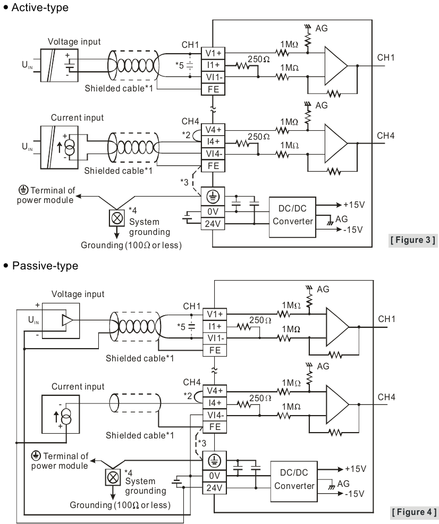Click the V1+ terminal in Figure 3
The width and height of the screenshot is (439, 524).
213,53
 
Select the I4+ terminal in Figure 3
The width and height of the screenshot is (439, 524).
213,142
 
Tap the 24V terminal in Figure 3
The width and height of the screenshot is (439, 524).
213,224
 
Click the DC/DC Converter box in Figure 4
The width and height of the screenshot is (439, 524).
294,481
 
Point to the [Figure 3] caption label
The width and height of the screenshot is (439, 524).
413,240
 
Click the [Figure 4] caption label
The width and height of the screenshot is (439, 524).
414,512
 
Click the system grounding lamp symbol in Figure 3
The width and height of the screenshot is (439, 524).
117,218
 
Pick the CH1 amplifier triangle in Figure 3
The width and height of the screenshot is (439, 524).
335,66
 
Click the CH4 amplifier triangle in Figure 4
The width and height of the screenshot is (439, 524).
337,404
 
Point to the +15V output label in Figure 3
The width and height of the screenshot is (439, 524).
354,205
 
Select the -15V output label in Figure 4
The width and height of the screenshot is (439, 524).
354,494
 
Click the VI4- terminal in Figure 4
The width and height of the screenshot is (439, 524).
215,415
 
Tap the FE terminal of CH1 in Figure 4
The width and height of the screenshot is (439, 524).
215,350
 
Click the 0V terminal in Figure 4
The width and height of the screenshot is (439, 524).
215,476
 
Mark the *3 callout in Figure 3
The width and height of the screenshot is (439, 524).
184,182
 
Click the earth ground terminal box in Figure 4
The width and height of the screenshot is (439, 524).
215,461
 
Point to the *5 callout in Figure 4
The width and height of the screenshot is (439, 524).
181,326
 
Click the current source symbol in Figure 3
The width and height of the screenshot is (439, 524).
70,147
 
